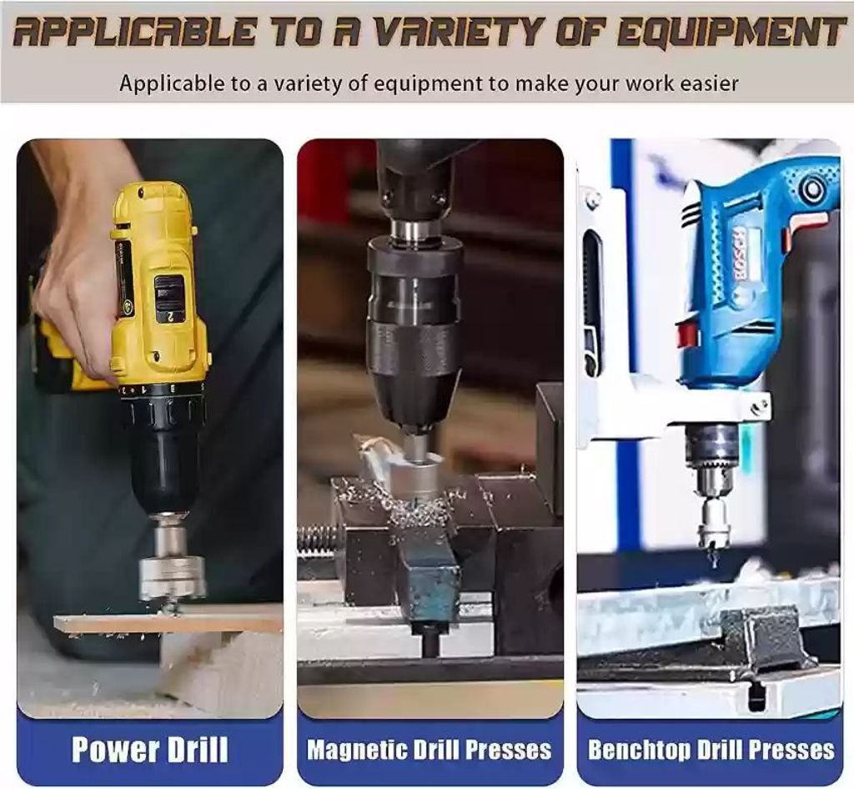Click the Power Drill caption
coord(150,749)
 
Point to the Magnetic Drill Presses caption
coord(430,749)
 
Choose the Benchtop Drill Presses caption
coord(711,750)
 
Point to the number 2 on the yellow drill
coord(169,315)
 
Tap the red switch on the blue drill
coord(688,336)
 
